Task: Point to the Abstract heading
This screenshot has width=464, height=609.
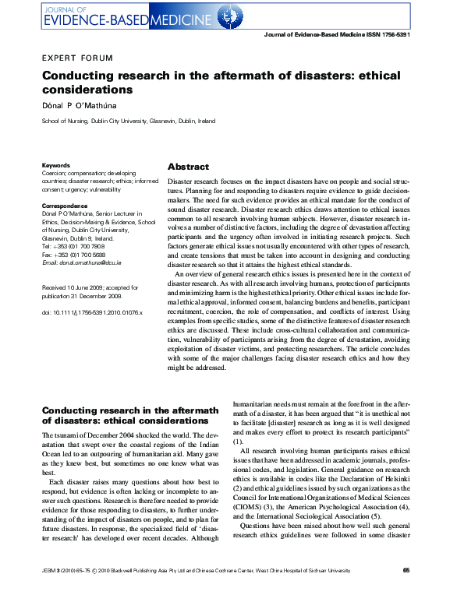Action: (188, 167)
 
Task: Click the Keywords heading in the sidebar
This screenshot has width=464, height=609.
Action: (55, 165)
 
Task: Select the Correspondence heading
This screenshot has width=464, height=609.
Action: (65, 205)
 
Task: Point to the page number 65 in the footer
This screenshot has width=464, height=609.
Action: (406, 593)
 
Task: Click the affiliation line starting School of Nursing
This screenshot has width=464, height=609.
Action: (128, 121)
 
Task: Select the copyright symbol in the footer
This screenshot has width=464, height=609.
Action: (97, 593)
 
